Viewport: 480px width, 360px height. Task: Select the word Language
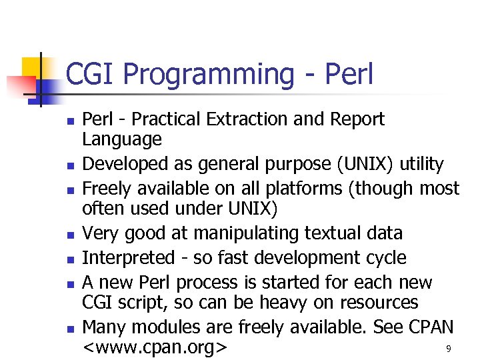[x=121, y=140]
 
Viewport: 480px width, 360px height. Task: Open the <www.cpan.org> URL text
[x=155, y=348]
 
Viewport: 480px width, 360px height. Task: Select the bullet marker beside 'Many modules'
[x=68, y=329]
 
